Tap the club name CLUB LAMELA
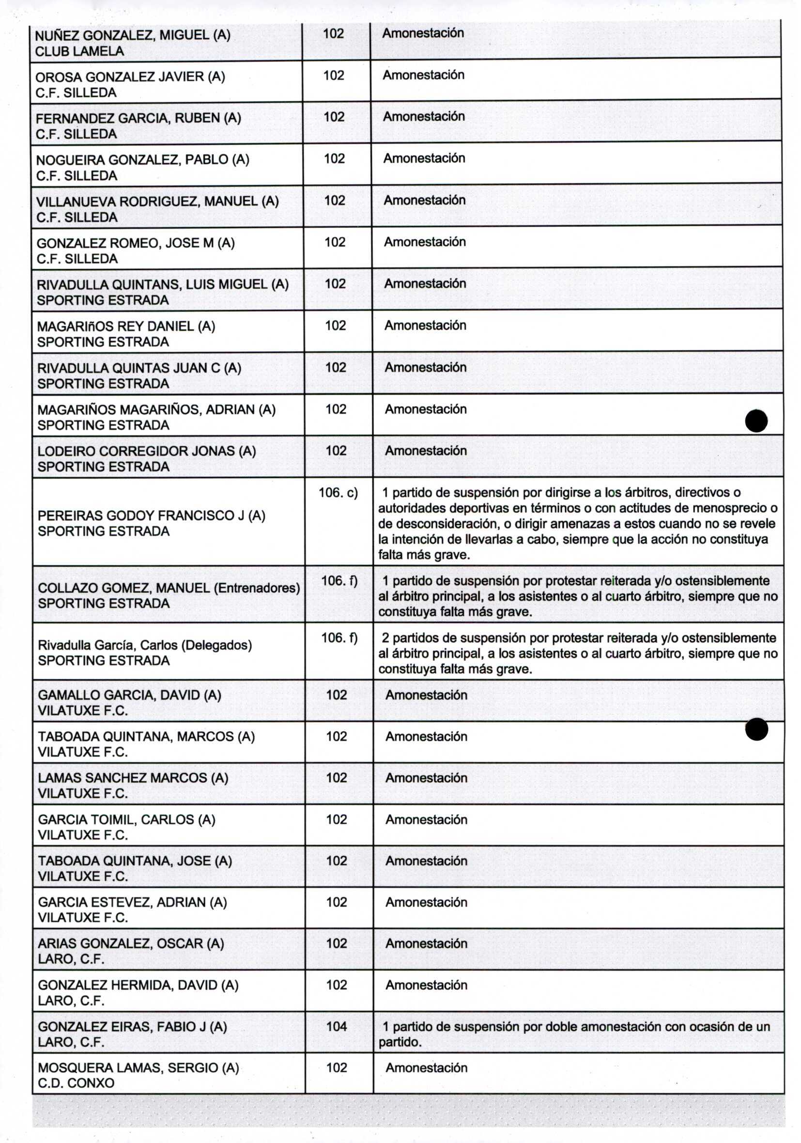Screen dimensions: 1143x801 tap(79, 51)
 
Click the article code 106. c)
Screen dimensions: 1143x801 tap(339, 493)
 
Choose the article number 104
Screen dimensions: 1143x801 tap(336, 1026)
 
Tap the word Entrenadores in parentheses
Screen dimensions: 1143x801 tap(257, 588)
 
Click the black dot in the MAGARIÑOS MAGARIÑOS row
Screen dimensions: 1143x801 tap(756, 421)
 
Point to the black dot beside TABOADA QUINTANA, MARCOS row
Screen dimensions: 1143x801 tap(757, 730)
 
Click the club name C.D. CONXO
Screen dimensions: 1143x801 tap(76, 1083)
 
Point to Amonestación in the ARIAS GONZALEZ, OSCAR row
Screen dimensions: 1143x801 tap(426, 943)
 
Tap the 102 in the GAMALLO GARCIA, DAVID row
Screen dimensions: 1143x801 tap(336, 695)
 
